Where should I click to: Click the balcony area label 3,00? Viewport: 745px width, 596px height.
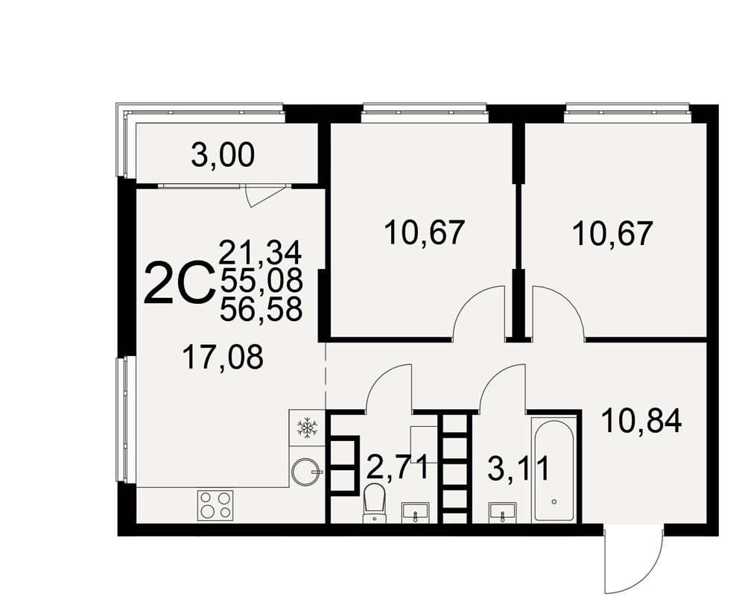(223, 156)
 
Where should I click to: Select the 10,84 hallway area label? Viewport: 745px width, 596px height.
(641, 421)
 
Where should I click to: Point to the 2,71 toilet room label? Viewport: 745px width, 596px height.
(398, 468)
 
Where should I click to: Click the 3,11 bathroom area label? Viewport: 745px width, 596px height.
(519, 468)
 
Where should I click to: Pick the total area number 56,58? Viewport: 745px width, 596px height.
(261, 310)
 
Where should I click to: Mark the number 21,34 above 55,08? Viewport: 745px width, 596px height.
(260, 253)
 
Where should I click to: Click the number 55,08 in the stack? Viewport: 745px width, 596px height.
(261, 280)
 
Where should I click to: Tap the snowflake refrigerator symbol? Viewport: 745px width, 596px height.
(307, 427)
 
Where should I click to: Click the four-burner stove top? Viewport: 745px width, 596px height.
(215, 505)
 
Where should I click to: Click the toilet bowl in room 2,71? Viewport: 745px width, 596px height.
(375, 503)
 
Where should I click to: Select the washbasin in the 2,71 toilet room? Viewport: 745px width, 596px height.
(415, 513)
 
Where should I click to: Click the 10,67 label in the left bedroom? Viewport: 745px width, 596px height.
(424, 232)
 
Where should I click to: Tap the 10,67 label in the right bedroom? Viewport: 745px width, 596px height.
(613, 233)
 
